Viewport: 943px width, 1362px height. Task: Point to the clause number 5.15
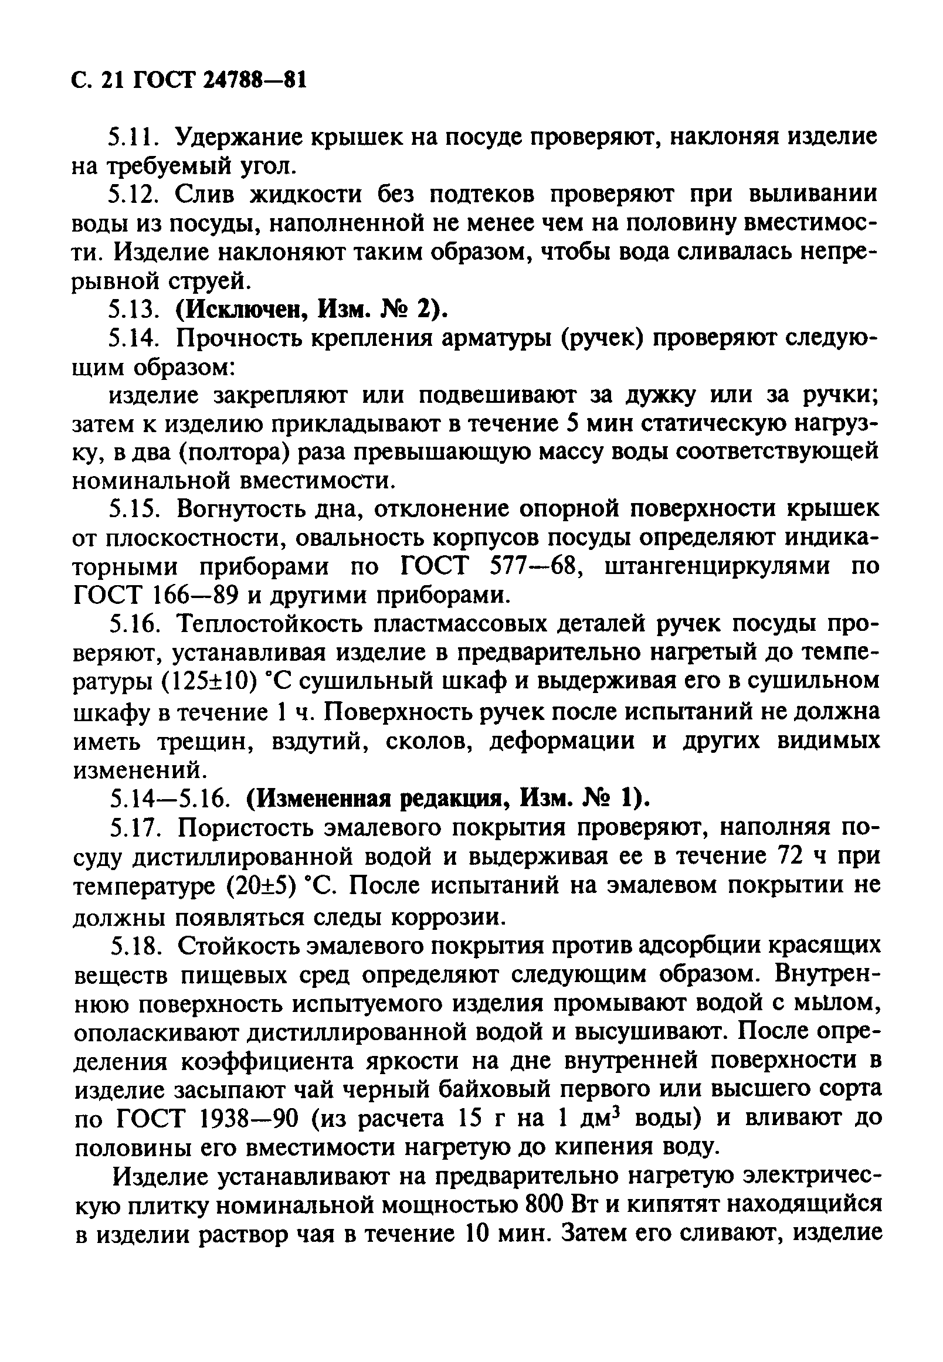[x=135, y=508]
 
